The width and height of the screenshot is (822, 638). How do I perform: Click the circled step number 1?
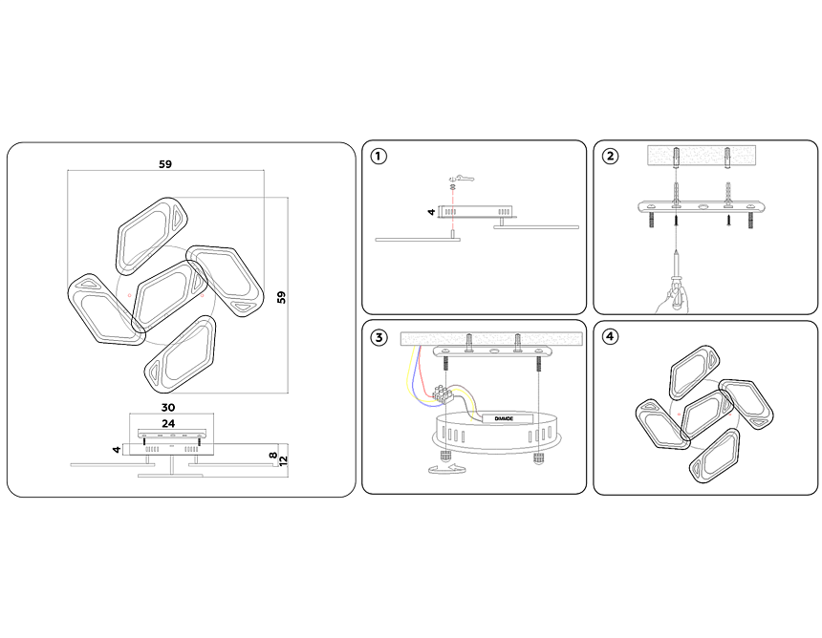pos(379,157)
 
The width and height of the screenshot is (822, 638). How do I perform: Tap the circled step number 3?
pos(379,337)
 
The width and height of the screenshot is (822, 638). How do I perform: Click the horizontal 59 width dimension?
pos(165,164)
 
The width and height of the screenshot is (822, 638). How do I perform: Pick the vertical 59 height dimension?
pos(281,296)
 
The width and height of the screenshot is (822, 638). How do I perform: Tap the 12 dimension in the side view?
pos(283,459)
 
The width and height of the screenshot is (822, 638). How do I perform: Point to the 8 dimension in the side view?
pos(272,456)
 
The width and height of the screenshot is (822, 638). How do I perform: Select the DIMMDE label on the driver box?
pos(498,417)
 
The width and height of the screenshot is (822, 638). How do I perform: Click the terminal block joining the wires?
pos(443,393)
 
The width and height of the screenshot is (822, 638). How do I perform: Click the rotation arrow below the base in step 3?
pos(445,469)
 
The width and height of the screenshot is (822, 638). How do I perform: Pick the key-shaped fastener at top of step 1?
pos(462,178)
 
